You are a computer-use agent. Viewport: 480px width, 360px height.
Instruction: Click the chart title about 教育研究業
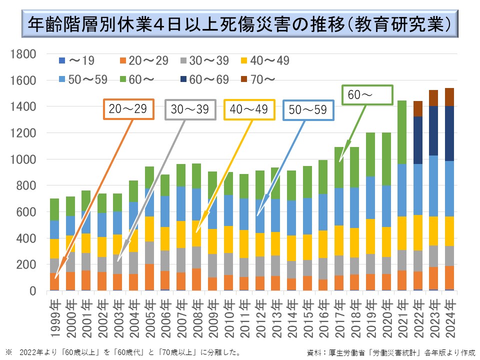240,24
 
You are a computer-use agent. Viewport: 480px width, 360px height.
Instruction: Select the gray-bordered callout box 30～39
189,109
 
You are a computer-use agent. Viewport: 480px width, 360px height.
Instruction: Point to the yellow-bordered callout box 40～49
250,109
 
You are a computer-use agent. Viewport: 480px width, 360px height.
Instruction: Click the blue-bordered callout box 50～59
308,109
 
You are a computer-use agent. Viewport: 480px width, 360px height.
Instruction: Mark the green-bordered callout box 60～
367,94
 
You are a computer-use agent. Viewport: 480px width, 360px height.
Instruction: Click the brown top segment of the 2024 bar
449,97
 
